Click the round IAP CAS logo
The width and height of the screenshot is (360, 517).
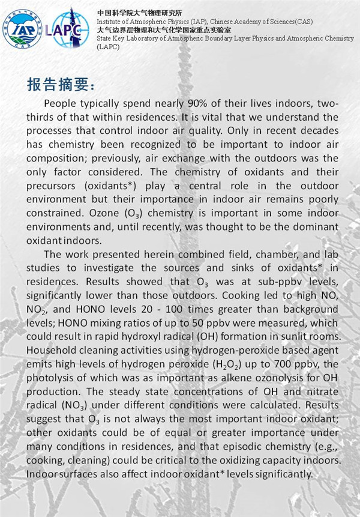coord(22,29)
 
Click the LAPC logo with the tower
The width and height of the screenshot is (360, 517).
coord(70,28)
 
